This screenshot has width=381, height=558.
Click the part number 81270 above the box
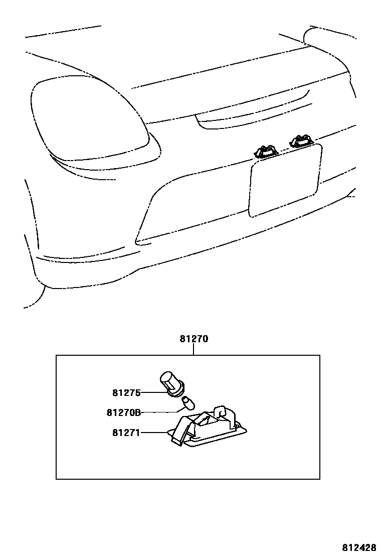(194, 339)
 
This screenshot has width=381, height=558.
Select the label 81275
(127, 393)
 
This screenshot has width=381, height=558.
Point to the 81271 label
(126, 432)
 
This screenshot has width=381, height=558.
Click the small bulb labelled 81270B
(188, 402)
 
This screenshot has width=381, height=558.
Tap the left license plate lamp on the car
(266, 151)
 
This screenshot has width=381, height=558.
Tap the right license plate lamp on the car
(301, 141)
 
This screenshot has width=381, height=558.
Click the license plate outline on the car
(284, 181)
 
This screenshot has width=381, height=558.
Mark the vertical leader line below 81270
(194, 350)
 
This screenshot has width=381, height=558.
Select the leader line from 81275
(150, 393)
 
